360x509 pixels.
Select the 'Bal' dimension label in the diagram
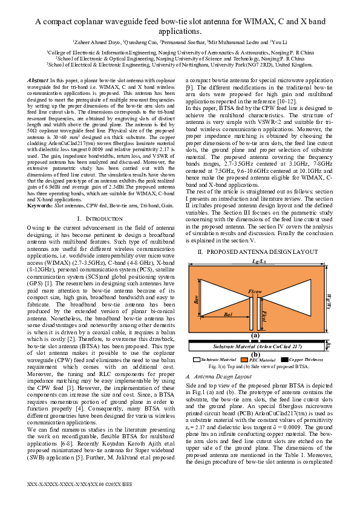(211, 315)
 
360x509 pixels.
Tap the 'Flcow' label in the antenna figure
(255, 292)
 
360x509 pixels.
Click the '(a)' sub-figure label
(255, 335)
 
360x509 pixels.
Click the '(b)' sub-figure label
(255, 354)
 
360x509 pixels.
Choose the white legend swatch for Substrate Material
(197, 360)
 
